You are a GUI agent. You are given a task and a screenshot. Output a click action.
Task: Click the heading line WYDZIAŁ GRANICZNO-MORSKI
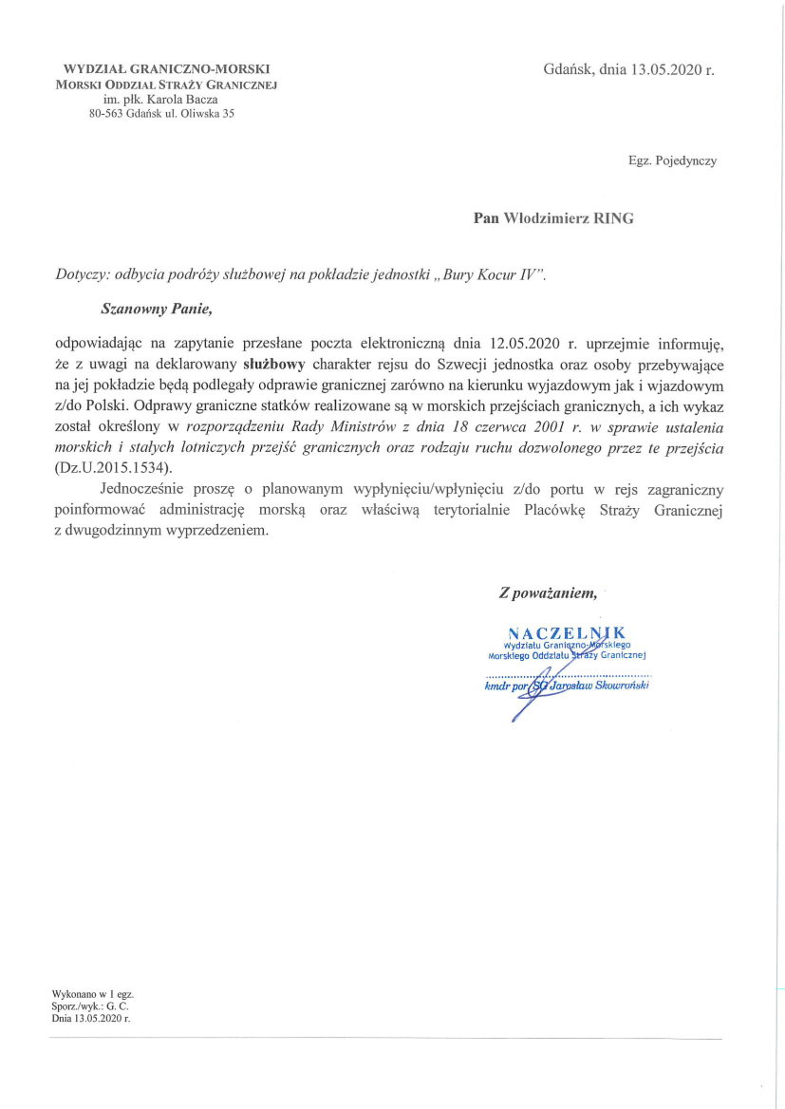[166, 69]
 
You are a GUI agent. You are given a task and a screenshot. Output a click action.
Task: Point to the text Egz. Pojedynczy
[672, 160]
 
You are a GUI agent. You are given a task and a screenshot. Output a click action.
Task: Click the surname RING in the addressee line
[613, 218]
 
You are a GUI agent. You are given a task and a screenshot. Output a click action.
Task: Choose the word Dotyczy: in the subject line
[83, 274]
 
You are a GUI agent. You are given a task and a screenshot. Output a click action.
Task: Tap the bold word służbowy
[275, 362]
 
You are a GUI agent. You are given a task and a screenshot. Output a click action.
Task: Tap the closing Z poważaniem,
[548, 594]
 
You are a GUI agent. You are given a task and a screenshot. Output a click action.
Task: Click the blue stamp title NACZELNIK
[566, 632]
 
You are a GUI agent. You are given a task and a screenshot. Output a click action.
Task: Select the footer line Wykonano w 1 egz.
[92, 994]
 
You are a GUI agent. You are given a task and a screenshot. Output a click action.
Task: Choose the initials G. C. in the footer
[117, 1006]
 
